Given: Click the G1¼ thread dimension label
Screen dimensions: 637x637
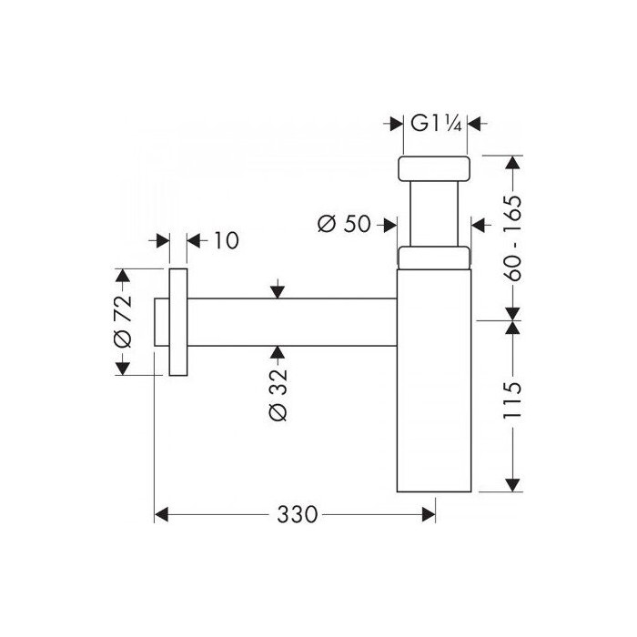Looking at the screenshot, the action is coord(436,124).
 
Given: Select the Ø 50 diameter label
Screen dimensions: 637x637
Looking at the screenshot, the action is coord(344,224).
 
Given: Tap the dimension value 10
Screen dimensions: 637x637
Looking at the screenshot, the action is coord(226,240).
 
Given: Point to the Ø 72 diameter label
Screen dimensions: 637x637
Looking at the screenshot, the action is coord(123,321).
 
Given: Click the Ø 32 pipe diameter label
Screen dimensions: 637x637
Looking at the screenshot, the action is coord(278,394).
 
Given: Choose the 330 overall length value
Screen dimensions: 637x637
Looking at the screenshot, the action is coord(297,514).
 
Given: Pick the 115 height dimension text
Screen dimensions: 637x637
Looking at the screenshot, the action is coord(511,400).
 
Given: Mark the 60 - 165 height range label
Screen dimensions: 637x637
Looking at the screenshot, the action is coord(511,238).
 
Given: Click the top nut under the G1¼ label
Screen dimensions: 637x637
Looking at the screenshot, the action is coord(434,168).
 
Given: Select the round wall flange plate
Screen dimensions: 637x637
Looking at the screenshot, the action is coord(178,322).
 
